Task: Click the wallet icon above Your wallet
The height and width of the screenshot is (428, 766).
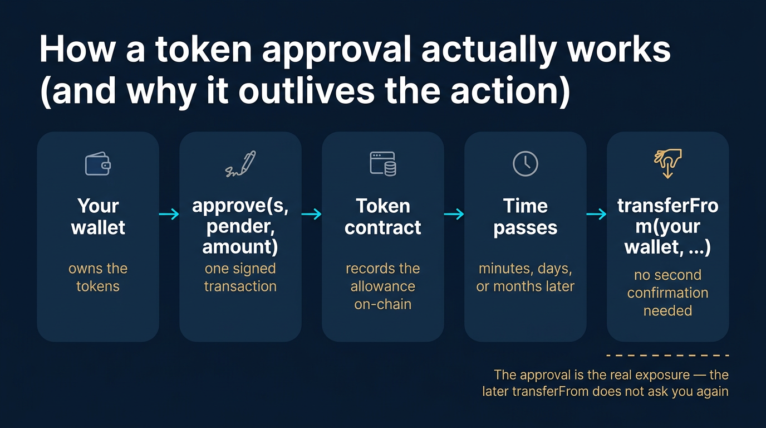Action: tap(98, 164)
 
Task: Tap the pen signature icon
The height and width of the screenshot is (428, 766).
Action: tap(240, 164)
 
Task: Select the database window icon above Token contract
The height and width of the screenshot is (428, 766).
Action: tap(383, 164)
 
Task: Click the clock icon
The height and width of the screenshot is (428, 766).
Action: tap(525, 164)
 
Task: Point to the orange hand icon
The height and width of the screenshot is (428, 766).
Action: tap(667, 163)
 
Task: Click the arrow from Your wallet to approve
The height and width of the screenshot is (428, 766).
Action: tap(169, 214)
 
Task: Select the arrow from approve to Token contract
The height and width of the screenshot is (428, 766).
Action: tap(312, 214)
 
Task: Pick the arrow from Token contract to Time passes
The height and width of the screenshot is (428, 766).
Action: tap(454, 214)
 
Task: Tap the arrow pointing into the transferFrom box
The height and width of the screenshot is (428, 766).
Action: tap(597, 214)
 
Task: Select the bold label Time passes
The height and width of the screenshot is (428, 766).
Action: tap(525, 217)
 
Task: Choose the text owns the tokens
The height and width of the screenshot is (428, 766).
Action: tap(98, 277)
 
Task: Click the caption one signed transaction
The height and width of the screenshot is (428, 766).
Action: tap(240, 277)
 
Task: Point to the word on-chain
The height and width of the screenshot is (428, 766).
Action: tap(383, 304)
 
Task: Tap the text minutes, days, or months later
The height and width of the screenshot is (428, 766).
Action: tap(525, 277)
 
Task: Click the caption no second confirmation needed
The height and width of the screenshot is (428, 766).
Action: tap(667, 293)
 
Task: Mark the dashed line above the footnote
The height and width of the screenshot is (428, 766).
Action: tap(667, 355)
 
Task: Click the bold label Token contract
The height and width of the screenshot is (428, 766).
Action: tap(383, 217)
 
